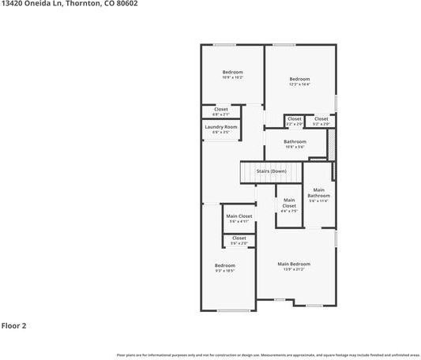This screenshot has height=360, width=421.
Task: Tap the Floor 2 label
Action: point(14,324)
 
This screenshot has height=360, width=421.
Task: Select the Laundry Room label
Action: point(221,127)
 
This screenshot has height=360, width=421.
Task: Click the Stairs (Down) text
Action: point(271,171)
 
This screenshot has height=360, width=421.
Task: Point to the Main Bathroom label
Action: point(318,193)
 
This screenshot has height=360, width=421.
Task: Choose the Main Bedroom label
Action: point(293,264)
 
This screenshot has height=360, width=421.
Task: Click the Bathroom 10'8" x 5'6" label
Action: point(295,142)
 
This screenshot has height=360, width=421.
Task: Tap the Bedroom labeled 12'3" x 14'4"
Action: point(299,79)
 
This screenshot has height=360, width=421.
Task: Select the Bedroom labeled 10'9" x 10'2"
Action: point(232,73)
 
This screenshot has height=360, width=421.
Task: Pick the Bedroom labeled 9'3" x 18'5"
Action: point(225,265)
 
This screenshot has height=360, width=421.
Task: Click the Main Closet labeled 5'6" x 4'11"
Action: point(239,216)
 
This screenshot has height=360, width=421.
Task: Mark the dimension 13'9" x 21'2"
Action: point(293,270)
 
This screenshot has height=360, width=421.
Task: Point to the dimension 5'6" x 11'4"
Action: point(318,201)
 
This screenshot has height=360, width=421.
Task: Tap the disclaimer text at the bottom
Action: point(268,354)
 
